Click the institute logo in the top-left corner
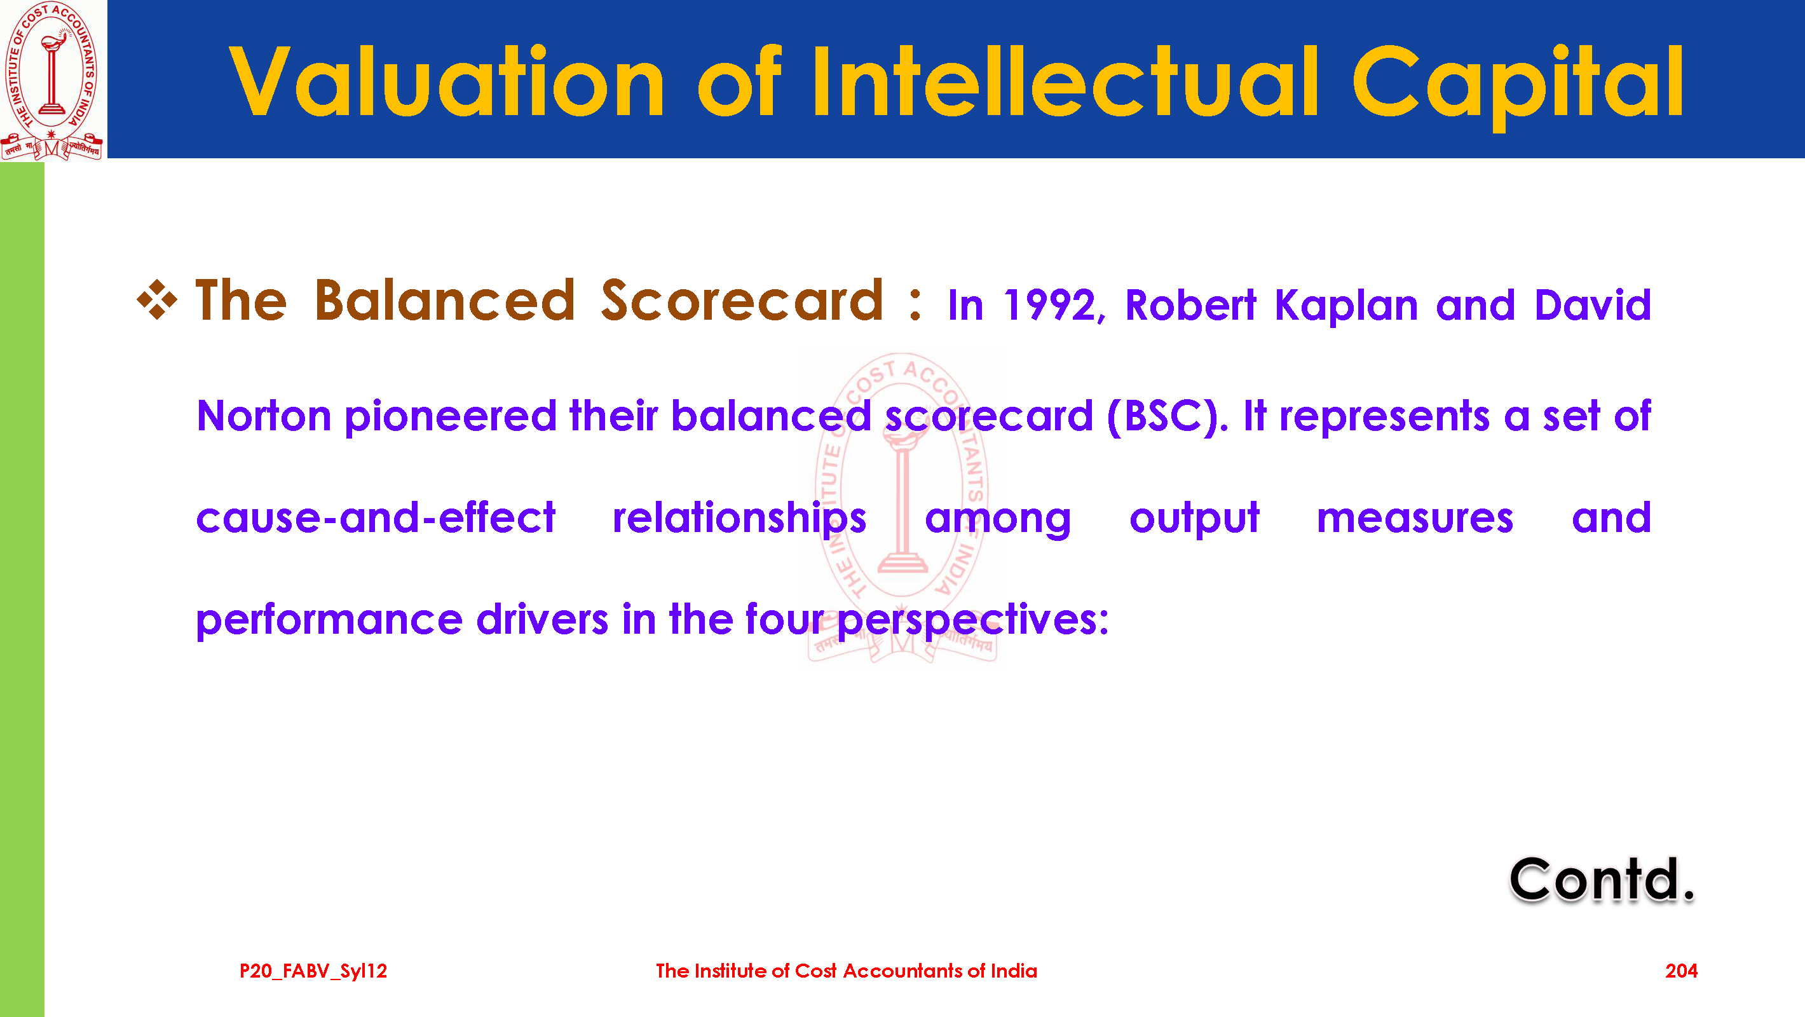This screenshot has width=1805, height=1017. pos(53,81)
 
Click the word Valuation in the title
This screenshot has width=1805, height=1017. pos(446,82)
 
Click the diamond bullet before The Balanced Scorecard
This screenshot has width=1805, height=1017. pos(157,300)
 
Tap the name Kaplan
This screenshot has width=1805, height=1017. pos(1346,306)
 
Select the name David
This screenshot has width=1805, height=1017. pos(1593,305)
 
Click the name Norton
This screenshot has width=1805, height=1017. pos(264,416)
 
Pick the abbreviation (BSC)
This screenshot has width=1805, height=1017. pos(1167,416)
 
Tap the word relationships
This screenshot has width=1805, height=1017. pos(739,519)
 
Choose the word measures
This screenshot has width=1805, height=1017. pos(1415,519)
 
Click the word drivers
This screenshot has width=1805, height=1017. pos(541,620)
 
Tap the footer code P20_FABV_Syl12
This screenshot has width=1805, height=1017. pos(313,971)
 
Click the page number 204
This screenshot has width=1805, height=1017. pos(1681,971)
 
